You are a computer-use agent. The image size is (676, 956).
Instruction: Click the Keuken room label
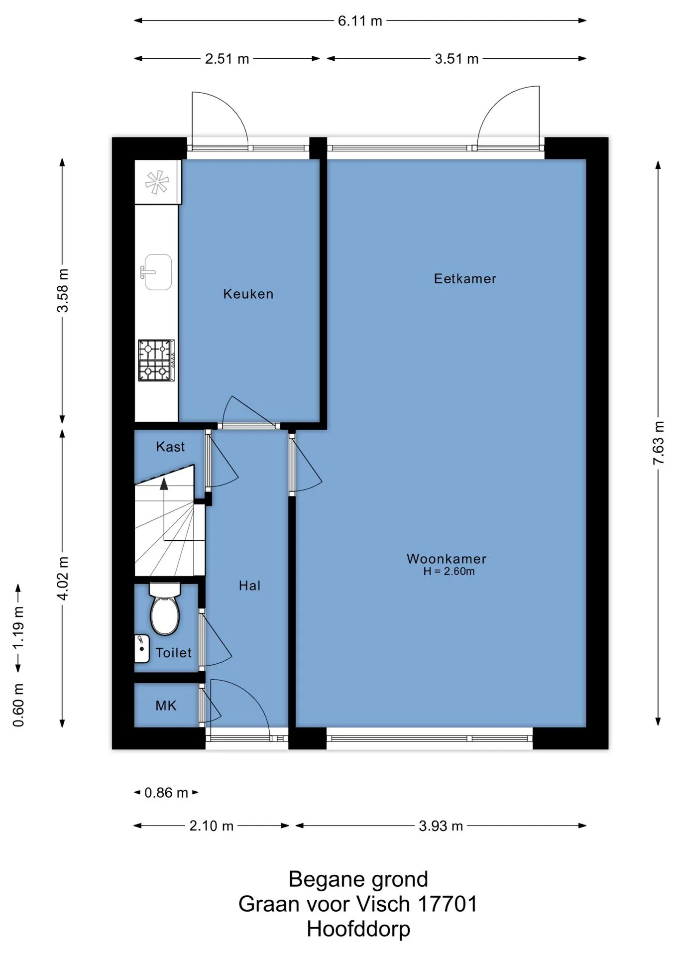point(248,294)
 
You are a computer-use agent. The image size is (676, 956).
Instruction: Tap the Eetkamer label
point(465,278)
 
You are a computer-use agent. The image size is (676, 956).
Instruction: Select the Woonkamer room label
point(447,559)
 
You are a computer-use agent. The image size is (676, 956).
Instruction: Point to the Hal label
point(249,586)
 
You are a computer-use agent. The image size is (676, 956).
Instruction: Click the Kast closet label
point(170,447)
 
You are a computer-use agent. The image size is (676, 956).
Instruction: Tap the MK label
point(166,706)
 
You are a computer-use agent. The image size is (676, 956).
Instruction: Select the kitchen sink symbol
point(157,272)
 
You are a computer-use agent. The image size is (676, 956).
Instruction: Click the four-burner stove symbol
point(156,360)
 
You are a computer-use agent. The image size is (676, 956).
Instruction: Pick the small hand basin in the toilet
point(142,648)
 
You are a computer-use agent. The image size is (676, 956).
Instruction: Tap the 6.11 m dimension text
point(360,21)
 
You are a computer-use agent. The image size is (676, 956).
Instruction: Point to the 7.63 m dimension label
point(659,443)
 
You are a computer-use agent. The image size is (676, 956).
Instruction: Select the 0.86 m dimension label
point(166,792)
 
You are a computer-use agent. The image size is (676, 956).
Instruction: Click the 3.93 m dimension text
point(441,826)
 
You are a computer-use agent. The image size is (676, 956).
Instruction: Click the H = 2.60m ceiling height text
point(449,572)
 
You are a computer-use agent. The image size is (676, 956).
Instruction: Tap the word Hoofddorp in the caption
point(358,929)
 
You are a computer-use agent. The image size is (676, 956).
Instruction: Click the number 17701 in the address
point(448,904)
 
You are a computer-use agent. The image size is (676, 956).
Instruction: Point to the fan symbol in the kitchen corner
point(157,182)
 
